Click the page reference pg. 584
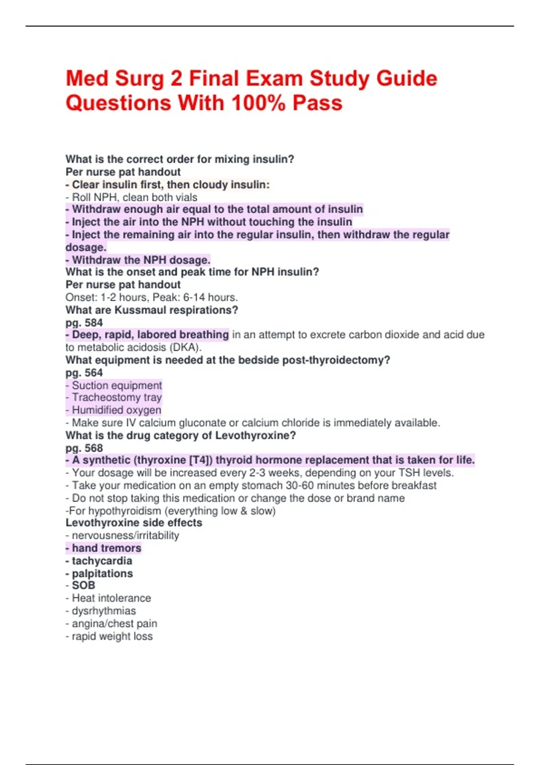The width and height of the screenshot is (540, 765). pos(84,323)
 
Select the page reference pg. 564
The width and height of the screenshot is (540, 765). pos(84,373)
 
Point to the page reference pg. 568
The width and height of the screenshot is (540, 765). pos(84,448)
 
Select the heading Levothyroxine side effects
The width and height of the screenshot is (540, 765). pos(134,523)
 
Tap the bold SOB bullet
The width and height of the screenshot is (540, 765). pos(83,585)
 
